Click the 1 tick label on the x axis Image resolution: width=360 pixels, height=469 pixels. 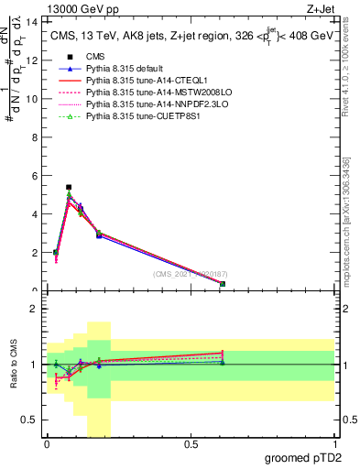(x=334, y=446)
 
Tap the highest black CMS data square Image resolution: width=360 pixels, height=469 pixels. (x=69, y=187)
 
